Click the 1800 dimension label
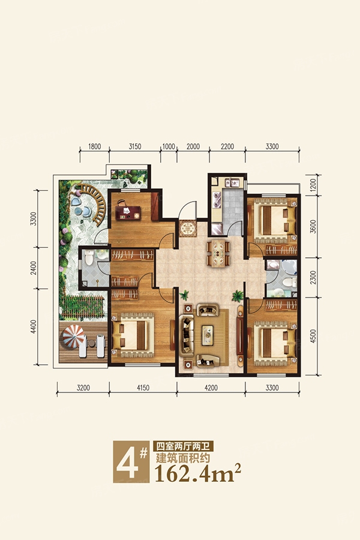coord(94,147)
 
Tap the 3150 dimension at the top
coord(135,147)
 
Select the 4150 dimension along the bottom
coord(143,388)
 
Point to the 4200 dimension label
coord(211,388)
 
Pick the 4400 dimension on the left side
coord(33,326)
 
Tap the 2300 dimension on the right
coord(313,277)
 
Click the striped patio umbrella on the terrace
coord(73,337)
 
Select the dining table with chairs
coord(218,253)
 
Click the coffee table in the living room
coord(208,335)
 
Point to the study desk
coord(127,212)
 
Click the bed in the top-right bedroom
coord(275,220)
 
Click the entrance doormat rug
coord(187,229)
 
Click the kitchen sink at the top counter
coord(232,182)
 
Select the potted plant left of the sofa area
coord(184,295)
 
